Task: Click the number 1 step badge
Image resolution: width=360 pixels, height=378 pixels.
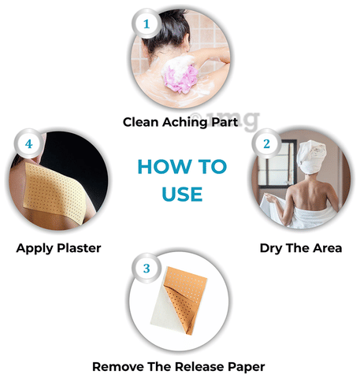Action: click(x=147, y=24)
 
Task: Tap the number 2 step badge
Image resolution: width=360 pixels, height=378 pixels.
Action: click(x=266, y=144)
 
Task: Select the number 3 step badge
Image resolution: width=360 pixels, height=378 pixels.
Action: click(x=147, y=269)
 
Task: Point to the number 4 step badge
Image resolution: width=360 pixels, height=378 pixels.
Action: click(x=28, y=144)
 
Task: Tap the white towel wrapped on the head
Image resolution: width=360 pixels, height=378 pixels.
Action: click(x=312, y=156)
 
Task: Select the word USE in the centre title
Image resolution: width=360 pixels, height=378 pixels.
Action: click(x=182, y=195)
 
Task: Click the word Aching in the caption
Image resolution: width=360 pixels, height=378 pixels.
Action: click(x=184, y=123)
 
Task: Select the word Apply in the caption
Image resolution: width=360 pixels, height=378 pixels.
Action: click(x=35, y=249)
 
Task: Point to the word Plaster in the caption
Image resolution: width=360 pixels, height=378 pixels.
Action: click(x=79, y=248)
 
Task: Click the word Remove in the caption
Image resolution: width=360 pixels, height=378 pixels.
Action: click(x=118, y=367)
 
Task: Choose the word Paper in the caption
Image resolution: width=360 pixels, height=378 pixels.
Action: click(x=246, y=367)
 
